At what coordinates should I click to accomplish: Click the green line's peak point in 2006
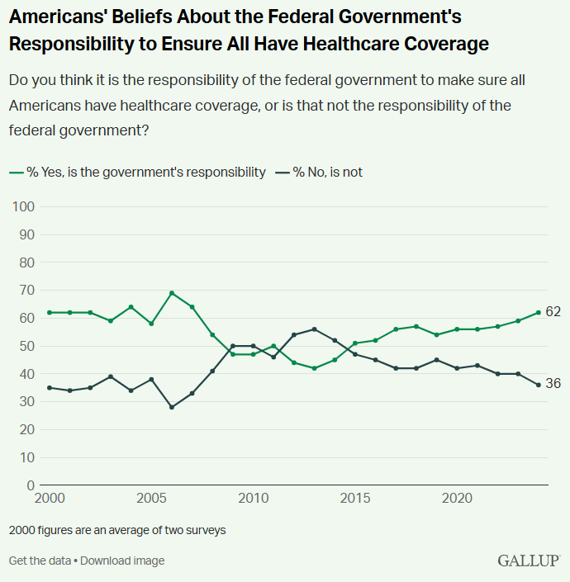click(171, 293)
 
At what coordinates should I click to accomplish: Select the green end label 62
click(553, 312)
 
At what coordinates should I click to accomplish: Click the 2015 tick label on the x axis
click(355, 499)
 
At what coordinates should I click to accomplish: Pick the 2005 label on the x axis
click(151, 499)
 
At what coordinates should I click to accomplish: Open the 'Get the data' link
click(40, 561)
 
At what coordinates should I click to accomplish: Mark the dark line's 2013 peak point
click(313, 329)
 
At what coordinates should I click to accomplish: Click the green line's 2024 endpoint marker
click(538, 312)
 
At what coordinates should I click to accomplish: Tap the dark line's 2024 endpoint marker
click(538, 385)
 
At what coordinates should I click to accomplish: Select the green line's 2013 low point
click(313, 368)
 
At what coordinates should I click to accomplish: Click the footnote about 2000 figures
click(117, 530)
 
